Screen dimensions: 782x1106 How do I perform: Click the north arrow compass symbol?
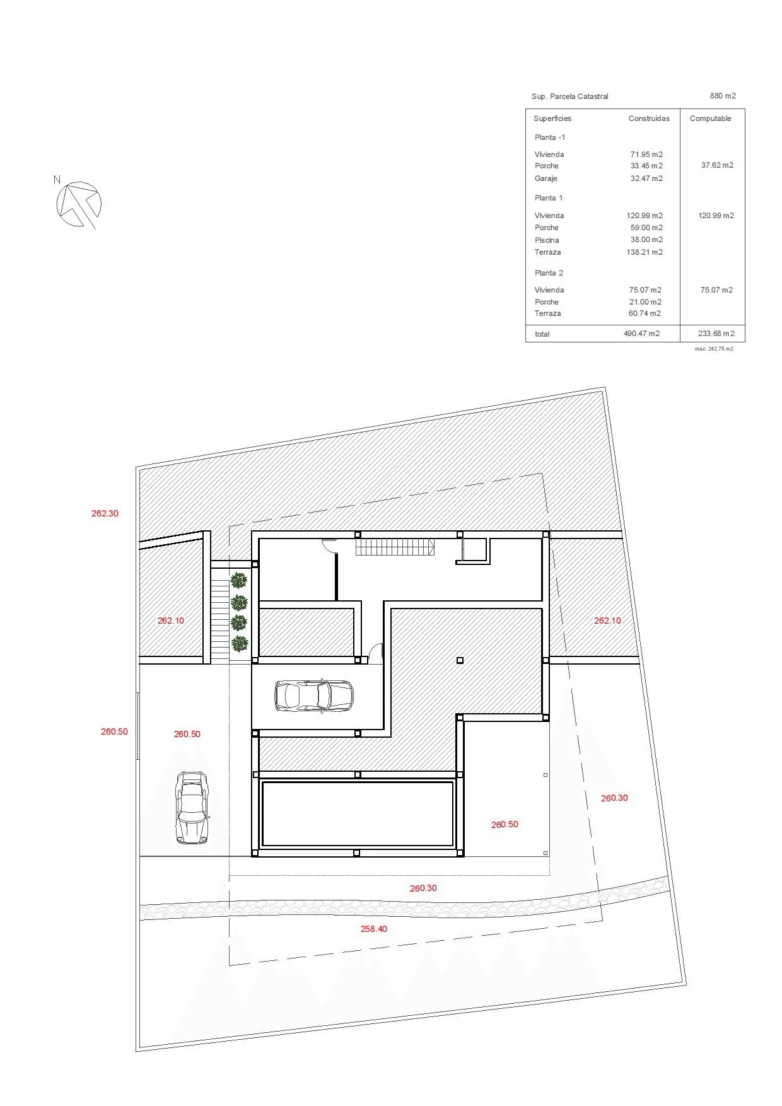pyautogui.click(x=78, y=204)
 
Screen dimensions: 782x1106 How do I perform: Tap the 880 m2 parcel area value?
pyautogui.click(x=723, y=96)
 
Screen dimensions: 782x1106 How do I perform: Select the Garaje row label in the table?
pyautogui.click(x=546, y=178)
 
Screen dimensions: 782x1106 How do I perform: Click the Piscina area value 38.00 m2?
pyautogui.click(x=645, y=240)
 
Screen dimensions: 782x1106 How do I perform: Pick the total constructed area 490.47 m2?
pyautogui.click(x=641, y=334)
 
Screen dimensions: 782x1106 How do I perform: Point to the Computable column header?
pyautogui.click(x=711, y=119)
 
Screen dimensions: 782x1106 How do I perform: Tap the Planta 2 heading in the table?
pyautogui.click(x=549, y=273)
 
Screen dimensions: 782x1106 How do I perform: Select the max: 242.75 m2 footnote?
pyautogui.click(x=714, y=349)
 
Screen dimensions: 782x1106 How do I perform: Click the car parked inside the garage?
pyautogui.click(x=314, y=696)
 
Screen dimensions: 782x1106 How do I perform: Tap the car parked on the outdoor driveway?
pyautogui.click(x=192, y=808)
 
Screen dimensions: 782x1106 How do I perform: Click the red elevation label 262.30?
pyautogui.click(x=105, y=513)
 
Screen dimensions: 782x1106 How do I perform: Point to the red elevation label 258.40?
pyautogui.click(x=374, y=929)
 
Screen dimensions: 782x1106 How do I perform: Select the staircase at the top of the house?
pyautogui.click(x=395, y=547)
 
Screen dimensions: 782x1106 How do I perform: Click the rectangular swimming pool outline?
pyautogui.click(x=358, y=813)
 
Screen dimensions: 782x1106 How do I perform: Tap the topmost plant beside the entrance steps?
pyautogui.click(x=239, y=579)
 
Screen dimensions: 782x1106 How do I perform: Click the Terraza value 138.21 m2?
pyautogui.click(x=645, y=252)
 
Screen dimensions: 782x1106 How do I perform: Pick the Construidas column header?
pyautogui.click(x=649, y=119)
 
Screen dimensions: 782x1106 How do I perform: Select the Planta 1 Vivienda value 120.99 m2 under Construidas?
pyautogui.click(x=645, y=216)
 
